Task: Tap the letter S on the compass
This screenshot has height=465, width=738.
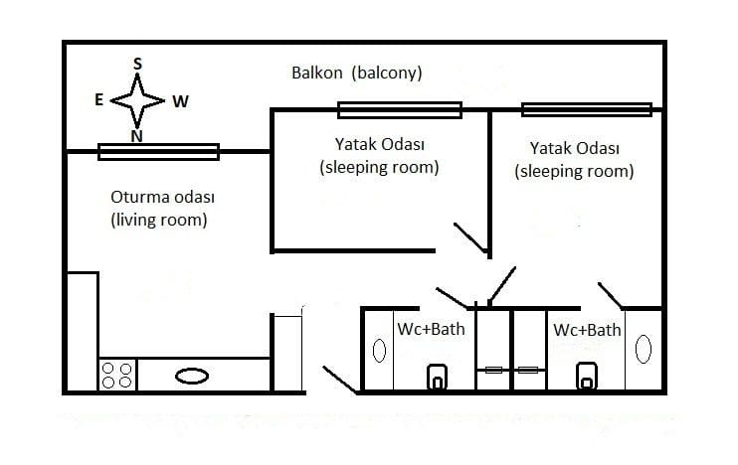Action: [x=137, y=64]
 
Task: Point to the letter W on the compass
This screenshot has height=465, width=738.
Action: [x=180, y=101]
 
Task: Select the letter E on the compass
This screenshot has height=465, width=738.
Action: [x=98, y=99]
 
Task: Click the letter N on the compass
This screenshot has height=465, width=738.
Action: [x=136, y=136]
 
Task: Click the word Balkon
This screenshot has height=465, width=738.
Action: [x=316, y=73]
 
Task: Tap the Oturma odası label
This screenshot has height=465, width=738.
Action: [x=162, y=197]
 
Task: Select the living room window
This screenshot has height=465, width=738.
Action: [x=158, y=152]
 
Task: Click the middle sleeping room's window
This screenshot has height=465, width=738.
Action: [x=400, y=110]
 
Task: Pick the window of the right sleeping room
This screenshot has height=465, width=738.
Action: [x=587, y=110]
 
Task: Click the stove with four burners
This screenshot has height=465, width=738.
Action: [x=117, y=376]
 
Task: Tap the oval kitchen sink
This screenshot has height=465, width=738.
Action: [x=192, y=377]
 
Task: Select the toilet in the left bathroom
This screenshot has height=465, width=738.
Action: [x=438, y=377]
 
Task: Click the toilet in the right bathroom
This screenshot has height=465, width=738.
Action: [x=587, y=377]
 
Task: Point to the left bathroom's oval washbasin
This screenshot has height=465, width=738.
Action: [x=379, y=351]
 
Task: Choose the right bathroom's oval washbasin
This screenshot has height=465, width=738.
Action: [x=644, y=349]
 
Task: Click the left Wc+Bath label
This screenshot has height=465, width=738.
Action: [x=431, y=329]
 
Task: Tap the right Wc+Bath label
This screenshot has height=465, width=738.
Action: [x=588, y=330]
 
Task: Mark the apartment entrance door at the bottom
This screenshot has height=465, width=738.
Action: [x=341, y=380]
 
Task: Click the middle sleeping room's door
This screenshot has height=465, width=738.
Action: [x=470, y=237]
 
